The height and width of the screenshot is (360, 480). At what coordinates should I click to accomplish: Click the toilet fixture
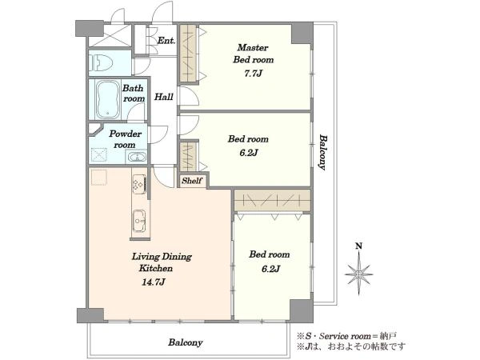click(100, 62)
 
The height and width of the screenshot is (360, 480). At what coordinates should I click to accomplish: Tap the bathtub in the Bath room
click(107, 99)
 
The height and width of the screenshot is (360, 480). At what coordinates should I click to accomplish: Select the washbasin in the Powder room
click(137, 158)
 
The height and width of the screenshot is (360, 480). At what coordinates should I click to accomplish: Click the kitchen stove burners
click(139, 184)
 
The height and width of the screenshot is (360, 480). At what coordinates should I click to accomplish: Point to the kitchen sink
click(139, 221)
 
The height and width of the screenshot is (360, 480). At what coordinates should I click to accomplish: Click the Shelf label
click(192, 181)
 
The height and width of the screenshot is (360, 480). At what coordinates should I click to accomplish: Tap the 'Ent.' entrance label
click(166, 40)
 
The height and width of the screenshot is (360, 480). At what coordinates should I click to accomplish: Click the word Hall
click(164, 97)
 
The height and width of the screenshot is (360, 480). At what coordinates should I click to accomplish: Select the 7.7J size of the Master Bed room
click(253, 74)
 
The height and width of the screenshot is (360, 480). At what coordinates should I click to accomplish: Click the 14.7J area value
click(153, 282)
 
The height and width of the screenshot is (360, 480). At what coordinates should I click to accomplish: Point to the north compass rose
click(359, 274)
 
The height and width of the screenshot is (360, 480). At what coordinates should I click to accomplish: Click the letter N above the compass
click(358, 246)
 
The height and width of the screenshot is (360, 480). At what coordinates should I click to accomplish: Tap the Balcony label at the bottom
click(186, 342)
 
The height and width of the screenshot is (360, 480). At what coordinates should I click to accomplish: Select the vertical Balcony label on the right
click(322, 152)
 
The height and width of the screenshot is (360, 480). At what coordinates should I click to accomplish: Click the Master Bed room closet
click(188, 54)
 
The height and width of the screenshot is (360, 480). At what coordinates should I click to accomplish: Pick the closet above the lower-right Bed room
click(273, 201)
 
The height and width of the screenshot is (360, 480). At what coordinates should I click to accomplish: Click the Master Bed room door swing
click(190, 97)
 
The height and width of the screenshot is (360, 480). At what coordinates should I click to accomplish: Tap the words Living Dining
click(162, 257)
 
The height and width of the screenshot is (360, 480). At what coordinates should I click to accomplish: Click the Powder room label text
click(125, 139)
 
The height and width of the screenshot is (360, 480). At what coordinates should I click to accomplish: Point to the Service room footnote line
click(346, 336)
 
